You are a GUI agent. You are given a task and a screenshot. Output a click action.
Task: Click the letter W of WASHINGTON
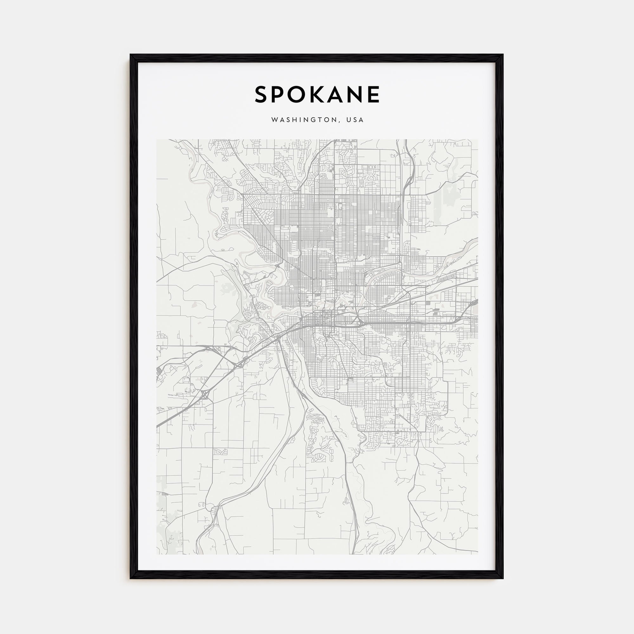(274, 120)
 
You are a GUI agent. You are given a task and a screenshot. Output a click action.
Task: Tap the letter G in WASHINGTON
(314, 120)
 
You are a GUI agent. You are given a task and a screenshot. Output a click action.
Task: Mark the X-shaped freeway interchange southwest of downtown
(205, 394)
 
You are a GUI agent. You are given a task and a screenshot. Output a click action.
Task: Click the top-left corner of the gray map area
(157, 139)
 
